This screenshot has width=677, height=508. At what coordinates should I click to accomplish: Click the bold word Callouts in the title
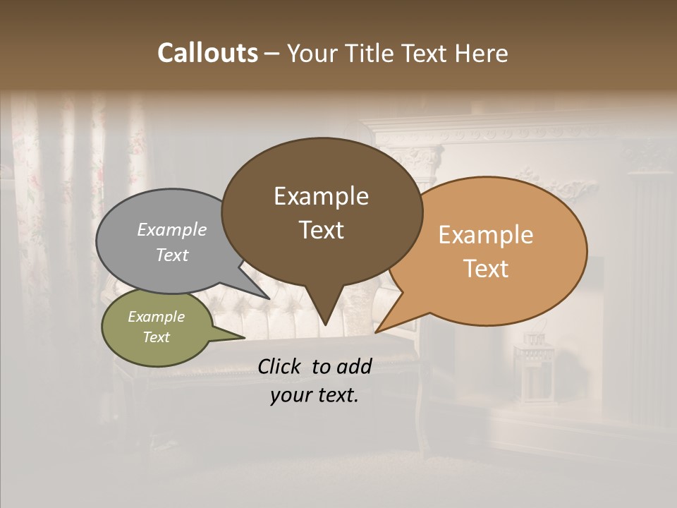pyautogui.click(x=207, y=53)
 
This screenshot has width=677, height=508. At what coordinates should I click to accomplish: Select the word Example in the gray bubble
pyautogui.click(x=172, y=229)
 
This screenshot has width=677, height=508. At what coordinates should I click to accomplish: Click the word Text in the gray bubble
pyautogui.click(x=172, y=255)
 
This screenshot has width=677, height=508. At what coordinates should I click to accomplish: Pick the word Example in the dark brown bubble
pyautogui.click(x=321, y=196)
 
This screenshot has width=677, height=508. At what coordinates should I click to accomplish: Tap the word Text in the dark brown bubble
pyautogui.click(x=321, y=229)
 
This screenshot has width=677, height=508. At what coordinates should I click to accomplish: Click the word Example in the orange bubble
pyautogui.click(x=486, y=235)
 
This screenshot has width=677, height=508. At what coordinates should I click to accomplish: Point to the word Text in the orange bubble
pyautogui.click(x=486, y=268)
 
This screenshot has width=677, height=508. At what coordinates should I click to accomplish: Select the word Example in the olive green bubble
pyautogui.click(x=156, y=317)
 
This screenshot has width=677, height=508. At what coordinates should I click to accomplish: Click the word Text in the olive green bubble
pyautogui.click(x=156, y=337)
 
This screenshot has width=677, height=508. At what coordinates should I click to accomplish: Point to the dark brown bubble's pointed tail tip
pyautogui.click(x=325, y=324)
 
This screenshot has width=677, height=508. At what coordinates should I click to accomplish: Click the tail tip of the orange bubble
pyautogui.click(x=377, y=332)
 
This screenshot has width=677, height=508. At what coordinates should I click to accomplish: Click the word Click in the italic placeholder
pyautogui.click(x=279, y=366)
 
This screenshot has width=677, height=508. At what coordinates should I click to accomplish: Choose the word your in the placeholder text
pyautogui.click(x=290, y=395)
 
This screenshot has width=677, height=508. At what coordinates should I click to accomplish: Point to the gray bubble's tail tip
pyautogui.click(x=268, y=298)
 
